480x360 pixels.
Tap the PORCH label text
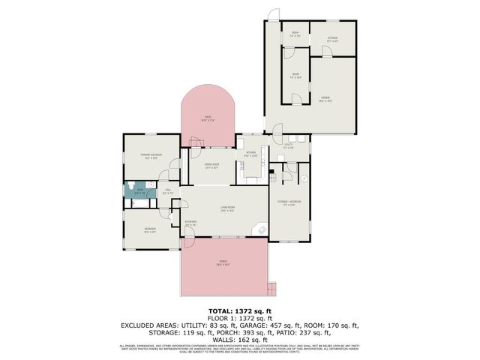tap(223, 262)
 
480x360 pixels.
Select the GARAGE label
tap(325, 97)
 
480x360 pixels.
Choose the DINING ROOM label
tap(211, 166)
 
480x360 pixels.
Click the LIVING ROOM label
tap(227, 208)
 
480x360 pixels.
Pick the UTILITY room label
tap(288, 145)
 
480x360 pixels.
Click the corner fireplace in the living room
tap(261, 230)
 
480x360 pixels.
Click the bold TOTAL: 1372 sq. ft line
tap(239, 310)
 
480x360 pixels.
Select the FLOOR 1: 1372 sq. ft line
tap(239, 317)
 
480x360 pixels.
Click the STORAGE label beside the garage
tap(333, 40)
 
